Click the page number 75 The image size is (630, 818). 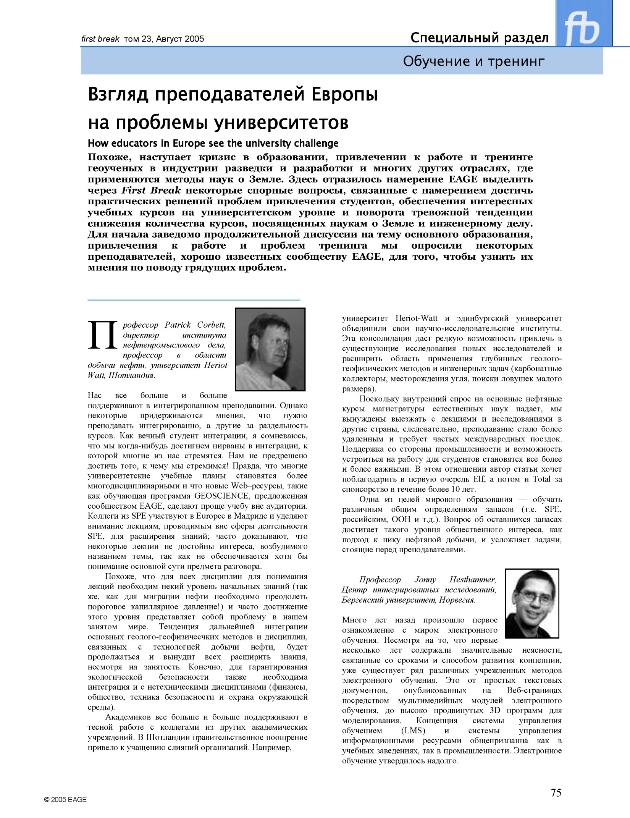556,793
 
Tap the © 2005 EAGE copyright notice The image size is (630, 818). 65,800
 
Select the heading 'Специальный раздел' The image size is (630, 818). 479,38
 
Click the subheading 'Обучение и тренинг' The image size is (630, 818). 473,61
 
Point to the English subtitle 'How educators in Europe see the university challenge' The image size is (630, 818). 213,143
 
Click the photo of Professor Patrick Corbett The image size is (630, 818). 270,349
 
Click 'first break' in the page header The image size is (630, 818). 100,39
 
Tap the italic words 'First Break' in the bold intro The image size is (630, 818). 151,190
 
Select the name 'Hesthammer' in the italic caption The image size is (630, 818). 472,580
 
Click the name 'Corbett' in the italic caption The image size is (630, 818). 211,325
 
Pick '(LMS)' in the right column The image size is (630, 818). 413,731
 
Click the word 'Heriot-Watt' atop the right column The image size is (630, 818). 416,318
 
